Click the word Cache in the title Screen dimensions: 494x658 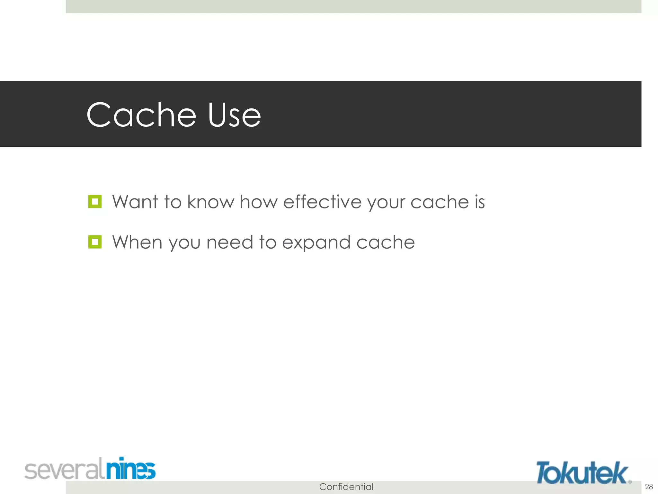141,115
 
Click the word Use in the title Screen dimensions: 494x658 234,115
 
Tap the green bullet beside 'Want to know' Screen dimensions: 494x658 95,202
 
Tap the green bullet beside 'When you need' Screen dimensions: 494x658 95,242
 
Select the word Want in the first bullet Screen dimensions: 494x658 135,202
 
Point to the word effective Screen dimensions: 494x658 322,202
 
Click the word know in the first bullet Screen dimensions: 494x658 211,202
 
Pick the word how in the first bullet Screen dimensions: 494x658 259,202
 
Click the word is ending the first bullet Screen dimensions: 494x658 479,202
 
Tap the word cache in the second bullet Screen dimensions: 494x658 386,242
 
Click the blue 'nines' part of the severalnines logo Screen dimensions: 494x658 131,469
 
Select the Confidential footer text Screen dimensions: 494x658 346,487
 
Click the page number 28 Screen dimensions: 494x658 649,486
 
